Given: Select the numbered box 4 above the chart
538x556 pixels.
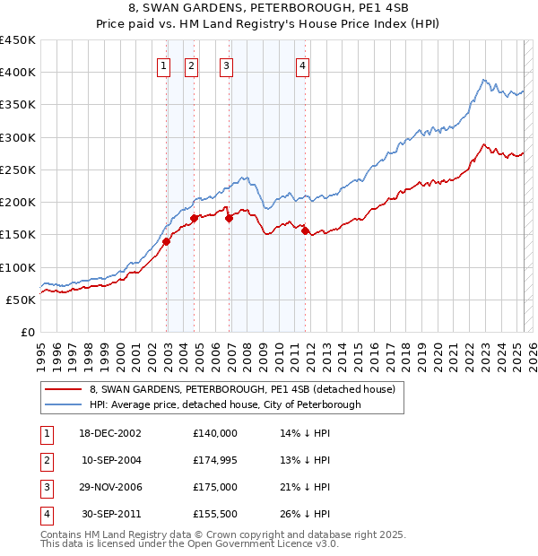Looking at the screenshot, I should (303, 65).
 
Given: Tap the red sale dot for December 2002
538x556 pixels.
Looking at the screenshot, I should (167, 241).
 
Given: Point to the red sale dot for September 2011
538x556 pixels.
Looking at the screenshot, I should (306, 231).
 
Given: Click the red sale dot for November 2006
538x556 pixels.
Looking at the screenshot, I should (230, 218).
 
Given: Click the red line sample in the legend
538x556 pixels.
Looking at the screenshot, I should (64, 390).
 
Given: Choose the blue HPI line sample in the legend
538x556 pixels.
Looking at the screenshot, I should (64, 404).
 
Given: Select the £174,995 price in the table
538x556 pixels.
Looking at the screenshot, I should (214, 460).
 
